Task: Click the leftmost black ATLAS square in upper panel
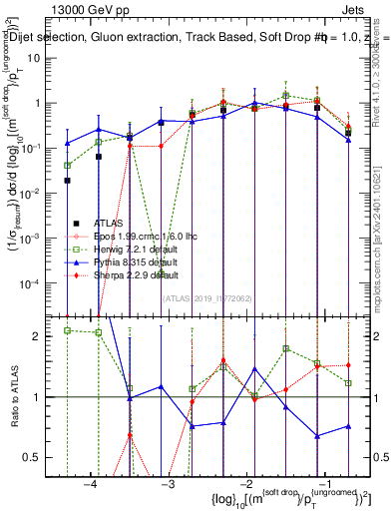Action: click(x=67, y=181)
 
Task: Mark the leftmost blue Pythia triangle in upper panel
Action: click(x=67, y=143)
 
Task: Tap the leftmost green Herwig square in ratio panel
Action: click(x=67, y=330)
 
